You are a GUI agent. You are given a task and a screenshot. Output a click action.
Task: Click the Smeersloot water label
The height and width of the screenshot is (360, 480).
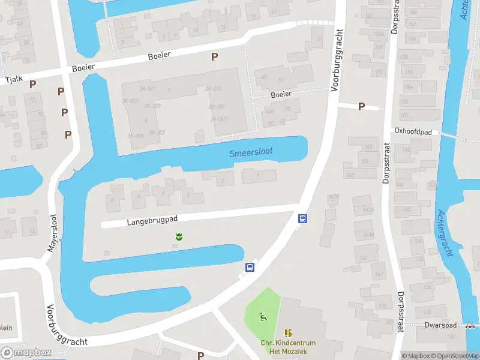coord(251,152)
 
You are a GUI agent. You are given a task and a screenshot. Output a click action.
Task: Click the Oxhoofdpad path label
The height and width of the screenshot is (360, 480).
coord(414,130)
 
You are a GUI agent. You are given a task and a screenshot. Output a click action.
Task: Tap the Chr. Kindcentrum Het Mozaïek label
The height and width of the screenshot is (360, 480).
coord(288,347)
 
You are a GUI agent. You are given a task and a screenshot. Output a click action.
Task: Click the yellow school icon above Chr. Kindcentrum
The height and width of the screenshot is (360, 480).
coord(288,332)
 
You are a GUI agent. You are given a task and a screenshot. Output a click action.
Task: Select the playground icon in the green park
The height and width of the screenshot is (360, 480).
coord(262,316)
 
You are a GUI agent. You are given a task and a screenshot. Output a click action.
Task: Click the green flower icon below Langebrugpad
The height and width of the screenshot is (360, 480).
coord(178,237)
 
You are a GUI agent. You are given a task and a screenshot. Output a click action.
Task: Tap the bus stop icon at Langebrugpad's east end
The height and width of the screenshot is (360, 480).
coord(304,219)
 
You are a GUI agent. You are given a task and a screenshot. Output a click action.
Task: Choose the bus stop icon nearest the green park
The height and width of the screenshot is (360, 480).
coord(250,267)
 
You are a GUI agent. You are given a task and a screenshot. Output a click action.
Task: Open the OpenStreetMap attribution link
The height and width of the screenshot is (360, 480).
coord(456,356)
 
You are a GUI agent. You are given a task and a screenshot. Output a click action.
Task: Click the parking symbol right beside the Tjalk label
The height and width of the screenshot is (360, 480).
coord(33,85)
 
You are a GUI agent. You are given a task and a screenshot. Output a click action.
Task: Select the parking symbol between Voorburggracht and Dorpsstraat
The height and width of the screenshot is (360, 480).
coord(361,106)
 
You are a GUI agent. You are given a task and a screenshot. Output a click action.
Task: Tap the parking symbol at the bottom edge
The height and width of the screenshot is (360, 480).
coord(200,356)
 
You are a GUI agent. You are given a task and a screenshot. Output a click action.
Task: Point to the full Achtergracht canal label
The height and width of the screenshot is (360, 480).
coord(445,233)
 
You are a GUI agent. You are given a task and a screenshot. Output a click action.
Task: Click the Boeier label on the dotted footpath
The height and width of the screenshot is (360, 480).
coord(281,94)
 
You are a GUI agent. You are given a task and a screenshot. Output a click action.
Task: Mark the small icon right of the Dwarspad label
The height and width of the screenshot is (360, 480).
coord(469,326)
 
